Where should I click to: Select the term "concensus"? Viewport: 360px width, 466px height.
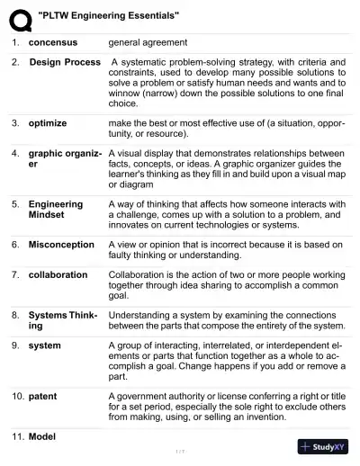53,42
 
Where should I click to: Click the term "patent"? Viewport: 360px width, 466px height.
42,395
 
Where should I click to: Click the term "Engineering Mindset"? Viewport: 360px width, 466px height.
56,210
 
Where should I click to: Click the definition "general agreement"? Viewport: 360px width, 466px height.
148,42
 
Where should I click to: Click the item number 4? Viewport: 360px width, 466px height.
15,153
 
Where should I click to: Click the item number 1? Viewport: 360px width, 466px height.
15,42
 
